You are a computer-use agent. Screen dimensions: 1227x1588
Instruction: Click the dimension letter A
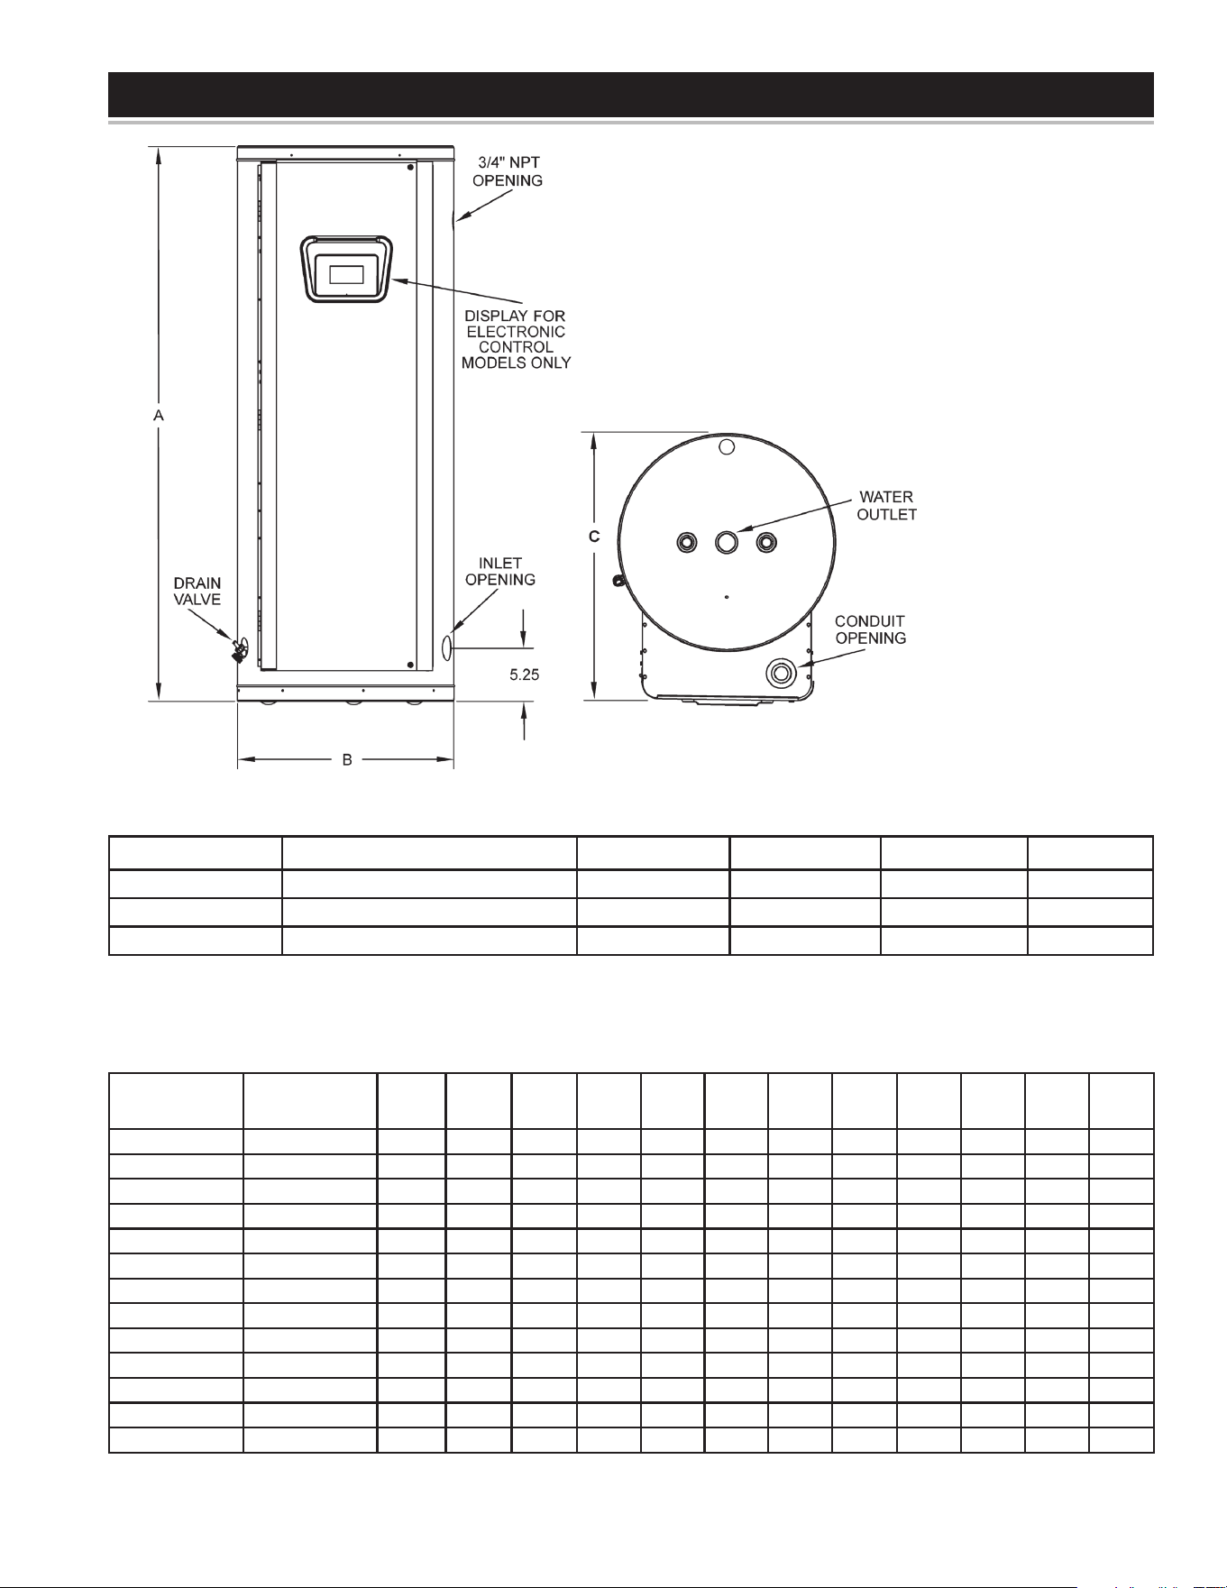[x=159, y=416]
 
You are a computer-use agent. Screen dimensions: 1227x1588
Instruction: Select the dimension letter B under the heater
[x=347, y=760]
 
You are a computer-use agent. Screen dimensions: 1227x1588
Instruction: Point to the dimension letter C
[x=594, y=537]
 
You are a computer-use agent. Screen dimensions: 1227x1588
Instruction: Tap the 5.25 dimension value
[x=525, y=675]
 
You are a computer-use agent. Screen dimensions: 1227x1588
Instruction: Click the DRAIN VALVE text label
[x=197, y=592]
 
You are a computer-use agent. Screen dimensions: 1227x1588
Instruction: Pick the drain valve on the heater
[x=240, y=649]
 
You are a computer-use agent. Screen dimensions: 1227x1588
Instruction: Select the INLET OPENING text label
[x=500, y=572]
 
